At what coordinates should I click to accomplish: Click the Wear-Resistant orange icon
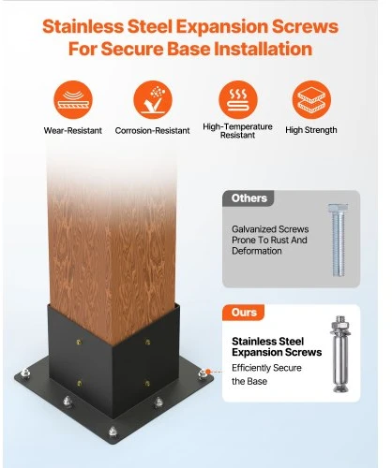tap(73, 100)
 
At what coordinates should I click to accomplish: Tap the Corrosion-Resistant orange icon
tap(153, 100)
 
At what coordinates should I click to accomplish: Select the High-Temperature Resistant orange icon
tap(238, 100)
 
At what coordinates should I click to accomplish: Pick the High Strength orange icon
tap(311, 100)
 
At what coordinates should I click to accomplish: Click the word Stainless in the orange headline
tap(83, 26)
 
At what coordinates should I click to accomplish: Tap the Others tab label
tap(249, 198)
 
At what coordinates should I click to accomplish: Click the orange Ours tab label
tap(244, 313)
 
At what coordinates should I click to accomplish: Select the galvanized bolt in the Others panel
tap(338, 240)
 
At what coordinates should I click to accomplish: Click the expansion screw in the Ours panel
tap(340, 354)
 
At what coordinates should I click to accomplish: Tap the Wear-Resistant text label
tap(73, 130)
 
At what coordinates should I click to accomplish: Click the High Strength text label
tap(311, 130)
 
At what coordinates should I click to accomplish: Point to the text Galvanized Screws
tap(270, 229)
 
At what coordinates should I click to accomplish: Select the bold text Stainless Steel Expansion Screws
tap(277, 346)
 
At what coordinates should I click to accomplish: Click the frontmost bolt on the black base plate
tap(113, 431)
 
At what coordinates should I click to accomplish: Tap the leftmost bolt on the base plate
tap(25, 373)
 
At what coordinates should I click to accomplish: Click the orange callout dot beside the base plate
tap(208, 372)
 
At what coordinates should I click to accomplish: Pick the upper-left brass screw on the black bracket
tap(79, 343)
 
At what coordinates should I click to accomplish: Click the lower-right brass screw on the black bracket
tap(147, 383)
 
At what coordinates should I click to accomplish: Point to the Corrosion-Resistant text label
tap(152, 130)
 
